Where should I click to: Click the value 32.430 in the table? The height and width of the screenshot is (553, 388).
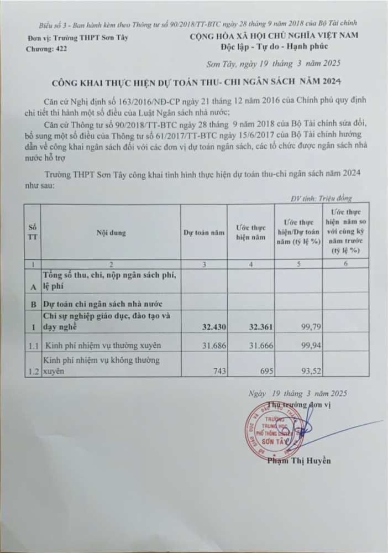coord(212,327)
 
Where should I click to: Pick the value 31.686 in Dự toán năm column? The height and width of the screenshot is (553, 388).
coord(212,346)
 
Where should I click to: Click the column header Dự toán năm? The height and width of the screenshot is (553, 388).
coord(204,233)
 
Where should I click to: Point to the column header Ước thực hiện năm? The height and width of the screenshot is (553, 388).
coord(251,233)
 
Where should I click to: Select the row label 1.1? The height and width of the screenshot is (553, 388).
coord(34,346)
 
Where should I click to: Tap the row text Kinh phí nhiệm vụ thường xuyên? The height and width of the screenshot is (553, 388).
coord(102,346)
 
